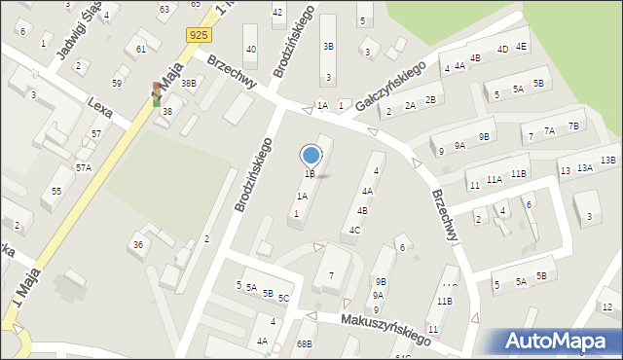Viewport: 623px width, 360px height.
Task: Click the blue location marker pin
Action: (x=311, y=156)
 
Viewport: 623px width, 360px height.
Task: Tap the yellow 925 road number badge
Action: (x=199, y=35)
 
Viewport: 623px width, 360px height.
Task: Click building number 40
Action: (x=251, y=50)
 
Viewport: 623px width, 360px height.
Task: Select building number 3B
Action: (x=328, y=46)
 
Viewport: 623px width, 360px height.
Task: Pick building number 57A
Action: (x=84, y=168)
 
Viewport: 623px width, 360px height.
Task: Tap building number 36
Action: (x=138, y=244)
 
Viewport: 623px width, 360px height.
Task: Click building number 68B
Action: (x=305, y=344)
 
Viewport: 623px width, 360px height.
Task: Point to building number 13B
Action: (x=608, y=161)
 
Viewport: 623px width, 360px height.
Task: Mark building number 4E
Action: (x=522, y=46)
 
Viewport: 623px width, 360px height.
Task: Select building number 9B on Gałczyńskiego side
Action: (x=484, y=137)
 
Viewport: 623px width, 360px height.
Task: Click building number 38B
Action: (x=188, y=84)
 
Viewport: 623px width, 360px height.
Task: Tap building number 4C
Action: (x=356, y=231)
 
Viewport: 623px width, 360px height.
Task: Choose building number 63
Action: (x=164, y=9)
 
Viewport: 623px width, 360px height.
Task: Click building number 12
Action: (x=606, y=307)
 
